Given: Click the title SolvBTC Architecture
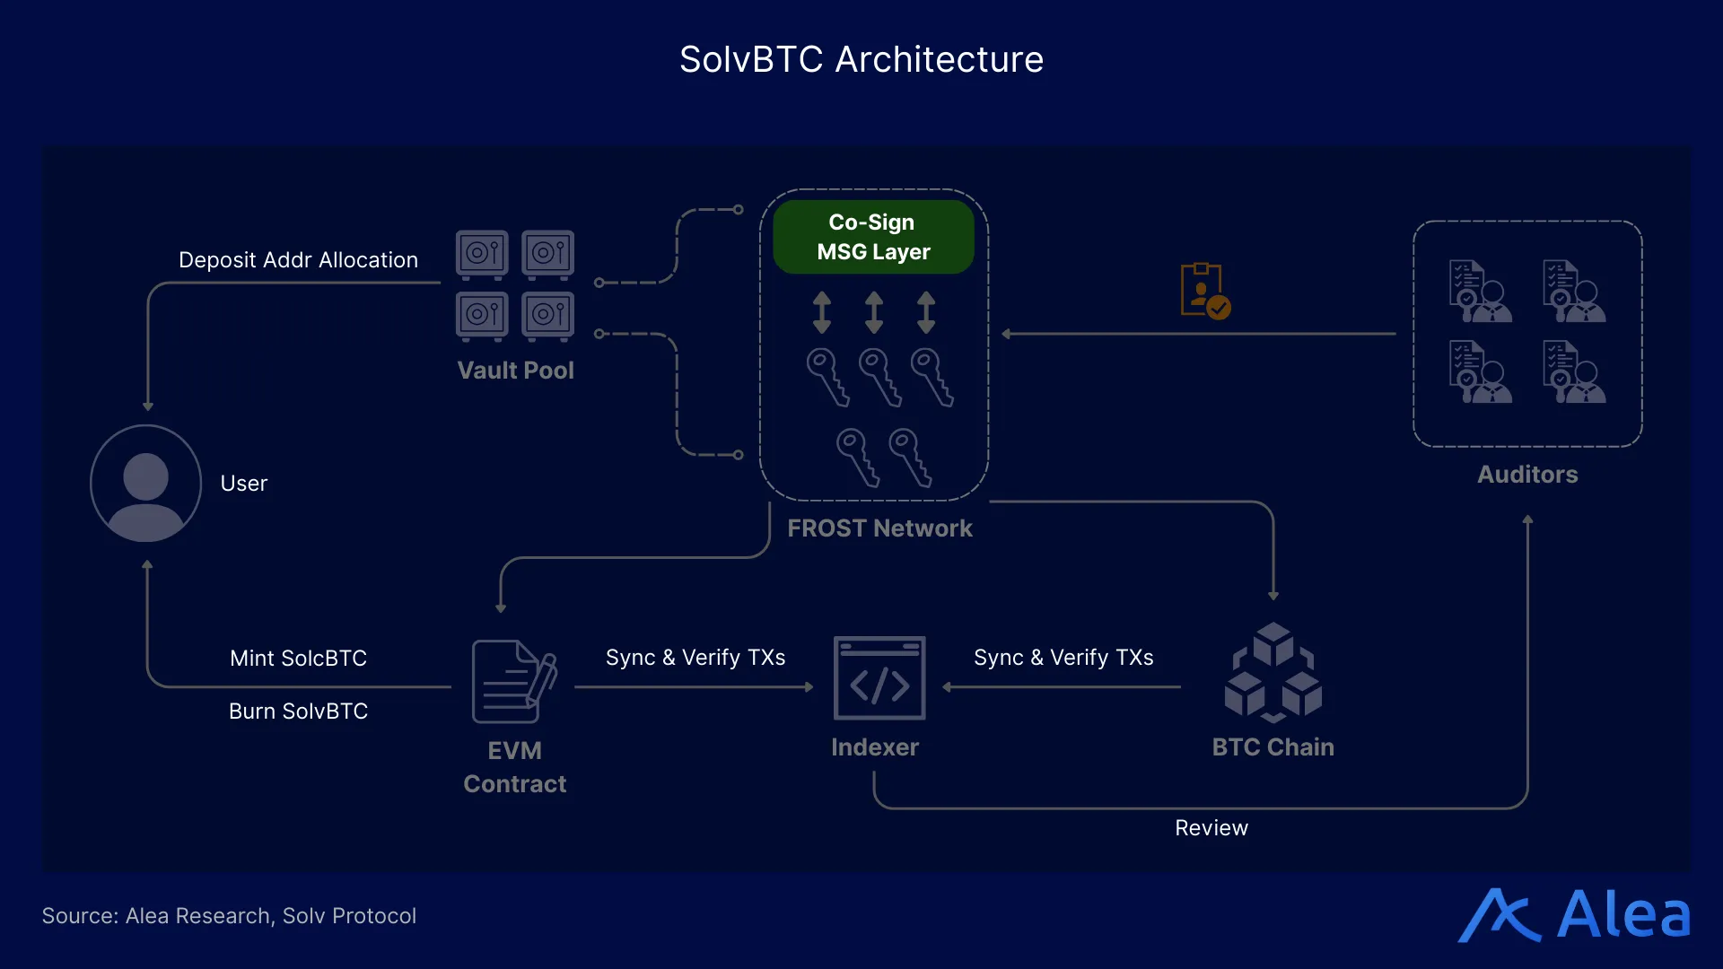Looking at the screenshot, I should tap(861, 60).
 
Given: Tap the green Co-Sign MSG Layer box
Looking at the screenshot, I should tap(873, 237).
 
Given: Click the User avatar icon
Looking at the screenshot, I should tap(145, 484).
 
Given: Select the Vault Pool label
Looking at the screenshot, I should tap(515, 371).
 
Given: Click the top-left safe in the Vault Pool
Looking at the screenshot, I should tap(482, 254).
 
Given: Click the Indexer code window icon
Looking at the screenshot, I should tap(879, 678).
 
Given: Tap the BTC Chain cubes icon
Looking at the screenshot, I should tap(1273, 673).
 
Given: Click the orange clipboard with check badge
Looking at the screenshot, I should tap(1204, 291).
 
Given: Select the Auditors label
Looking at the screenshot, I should tap(1527, 475).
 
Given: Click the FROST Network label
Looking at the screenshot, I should tap(879, 528).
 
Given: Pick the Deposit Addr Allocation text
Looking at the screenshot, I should tap(298, 260).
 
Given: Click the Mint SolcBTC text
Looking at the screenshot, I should tap(298, 659).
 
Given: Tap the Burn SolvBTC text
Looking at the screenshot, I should tap(298, 711).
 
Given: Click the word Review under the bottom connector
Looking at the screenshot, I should tap(1211, 828).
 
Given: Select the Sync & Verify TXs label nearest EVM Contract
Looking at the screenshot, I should tap(695, 658).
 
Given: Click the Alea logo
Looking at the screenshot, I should tap(1574, 915).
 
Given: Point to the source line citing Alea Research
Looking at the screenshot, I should tap(229, 916).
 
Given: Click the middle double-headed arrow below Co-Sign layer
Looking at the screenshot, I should tap(873, 312).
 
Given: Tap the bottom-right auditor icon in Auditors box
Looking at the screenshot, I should tap(1574, 371).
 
